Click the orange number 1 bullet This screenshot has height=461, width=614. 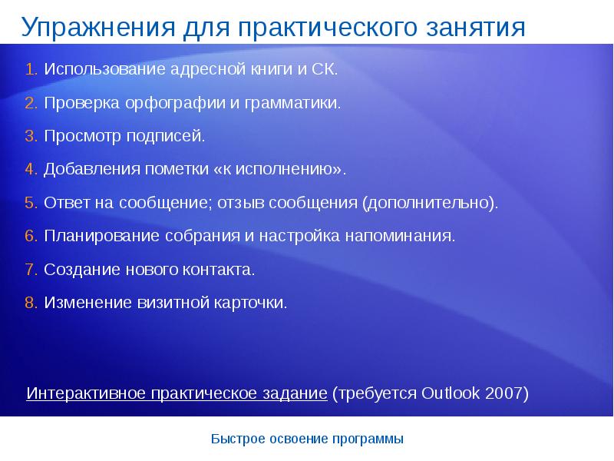[x=30, y=70]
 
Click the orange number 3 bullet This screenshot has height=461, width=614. [x=30, y=137]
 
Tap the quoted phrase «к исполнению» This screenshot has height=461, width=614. [x=281, y=170]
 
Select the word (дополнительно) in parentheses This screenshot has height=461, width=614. [x=431, y=204]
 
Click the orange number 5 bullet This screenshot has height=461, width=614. [x=30, y=204]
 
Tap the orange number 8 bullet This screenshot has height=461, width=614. [x=30, y=303]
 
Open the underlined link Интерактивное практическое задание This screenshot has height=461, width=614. [x=177, y=393]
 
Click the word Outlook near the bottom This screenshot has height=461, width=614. [x=451, y=393]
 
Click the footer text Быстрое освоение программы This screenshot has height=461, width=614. [x=306, y=439]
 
